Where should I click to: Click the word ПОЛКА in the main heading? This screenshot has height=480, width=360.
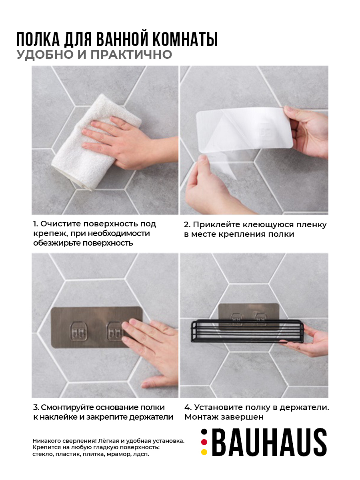point(38,40)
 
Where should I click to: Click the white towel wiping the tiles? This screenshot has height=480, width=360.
point(96,142)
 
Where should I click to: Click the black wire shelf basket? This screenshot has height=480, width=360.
point(247,331)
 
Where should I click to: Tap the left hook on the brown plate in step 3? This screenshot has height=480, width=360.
point(78,331)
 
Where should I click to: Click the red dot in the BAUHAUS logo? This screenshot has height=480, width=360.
point(204,442)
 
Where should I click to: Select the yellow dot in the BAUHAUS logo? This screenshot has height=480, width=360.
point(204,452)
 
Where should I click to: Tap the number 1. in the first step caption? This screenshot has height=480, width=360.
point(36,224)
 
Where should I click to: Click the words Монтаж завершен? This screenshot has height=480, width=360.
point(224,417)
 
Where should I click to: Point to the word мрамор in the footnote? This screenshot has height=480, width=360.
point(115,454)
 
